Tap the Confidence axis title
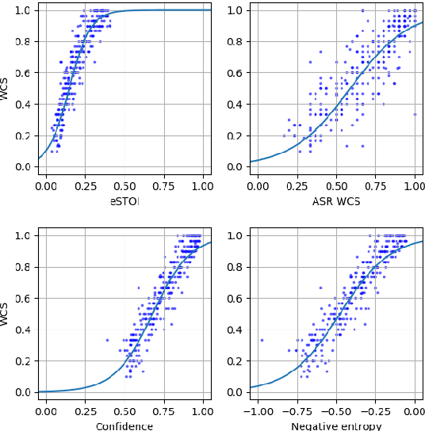tap(124, 426)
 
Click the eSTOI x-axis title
tap(124, 201)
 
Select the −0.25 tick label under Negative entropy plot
tap(375, 412)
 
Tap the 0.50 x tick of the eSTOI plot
tap(124, 187)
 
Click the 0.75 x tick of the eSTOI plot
tap(163, 187)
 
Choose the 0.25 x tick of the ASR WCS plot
tap(297, 187)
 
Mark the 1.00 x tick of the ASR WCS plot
tap(415, 187)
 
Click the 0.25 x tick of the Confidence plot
tap(85, 412)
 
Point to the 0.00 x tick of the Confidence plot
tap(46, 412)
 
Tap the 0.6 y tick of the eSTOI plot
tap(22, 73)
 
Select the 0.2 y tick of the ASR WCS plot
tap(234, 135)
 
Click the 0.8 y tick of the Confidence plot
tap(22, 267)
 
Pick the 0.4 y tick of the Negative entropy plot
tap(234, 330)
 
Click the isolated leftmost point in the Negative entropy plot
tap(262, 340)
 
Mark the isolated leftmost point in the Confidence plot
tap(107, 340)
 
